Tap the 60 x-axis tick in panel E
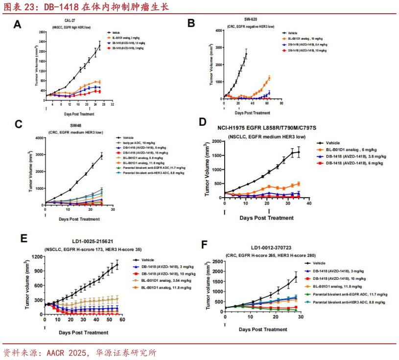pos(123,320)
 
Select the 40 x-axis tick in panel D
pos(309,204)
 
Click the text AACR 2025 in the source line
pos(67,352)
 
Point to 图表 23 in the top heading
pos(20,7)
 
